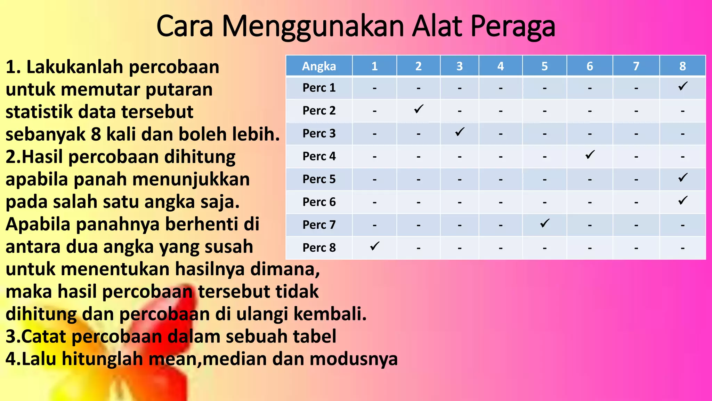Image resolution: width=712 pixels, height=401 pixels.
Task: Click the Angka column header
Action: coord(319,66)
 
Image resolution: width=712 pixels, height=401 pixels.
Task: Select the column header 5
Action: coord(544,66)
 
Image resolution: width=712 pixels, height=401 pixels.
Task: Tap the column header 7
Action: coord(636,66)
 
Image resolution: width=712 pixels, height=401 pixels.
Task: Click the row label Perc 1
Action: coord(319,88)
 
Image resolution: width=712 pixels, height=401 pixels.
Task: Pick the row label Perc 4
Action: coord(319,156)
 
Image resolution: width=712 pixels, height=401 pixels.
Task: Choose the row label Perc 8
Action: coord(319,247)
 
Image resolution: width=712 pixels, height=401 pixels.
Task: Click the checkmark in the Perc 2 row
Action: coord(419,109)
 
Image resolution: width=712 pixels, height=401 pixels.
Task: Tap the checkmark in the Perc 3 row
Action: coord(460,132)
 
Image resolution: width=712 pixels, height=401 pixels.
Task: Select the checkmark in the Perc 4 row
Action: coord(590,155)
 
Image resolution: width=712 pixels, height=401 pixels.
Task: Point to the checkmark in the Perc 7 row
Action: coord(545,223)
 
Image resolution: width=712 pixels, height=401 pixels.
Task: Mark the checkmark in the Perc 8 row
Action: coord(374,246)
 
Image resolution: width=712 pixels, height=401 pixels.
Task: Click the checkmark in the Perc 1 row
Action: coord(683,86)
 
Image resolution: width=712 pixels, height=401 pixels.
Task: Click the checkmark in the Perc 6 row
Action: coord(683,200)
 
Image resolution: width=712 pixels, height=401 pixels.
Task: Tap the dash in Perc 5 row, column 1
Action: coord(374,180)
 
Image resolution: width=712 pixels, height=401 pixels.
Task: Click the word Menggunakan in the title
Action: coord(313,26)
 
